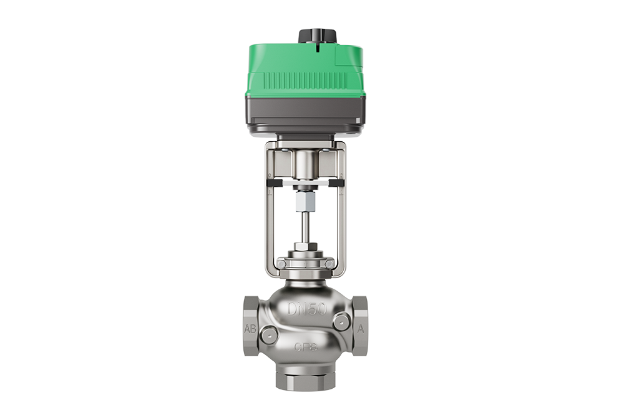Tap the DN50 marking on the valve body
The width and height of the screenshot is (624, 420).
[306, 309]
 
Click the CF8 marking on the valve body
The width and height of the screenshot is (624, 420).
[306, 347]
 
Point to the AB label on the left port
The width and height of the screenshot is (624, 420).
[250, 329]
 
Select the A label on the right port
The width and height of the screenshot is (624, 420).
[361, 329]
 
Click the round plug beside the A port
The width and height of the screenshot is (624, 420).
[341, 322]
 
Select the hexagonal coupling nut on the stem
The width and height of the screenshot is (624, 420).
[305, 204]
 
